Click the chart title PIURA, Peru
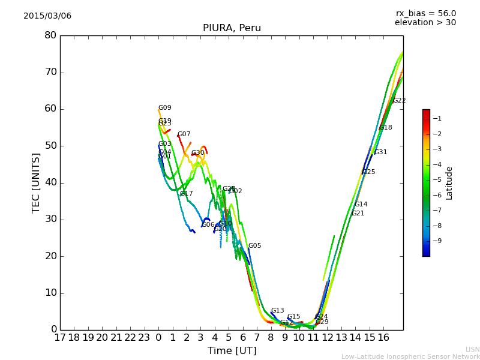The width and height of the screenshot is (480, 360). tap(232, 28)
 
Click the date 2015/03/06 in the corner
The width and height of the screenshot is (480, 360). tap(47, 16)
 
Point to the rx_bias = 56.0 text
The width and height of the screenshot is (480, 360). tap(425, 13)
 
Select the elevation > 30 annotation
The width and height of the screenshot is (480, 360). tap(425, 23)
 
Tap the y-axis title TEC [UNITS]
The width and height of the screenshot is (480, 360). tap(36, 183)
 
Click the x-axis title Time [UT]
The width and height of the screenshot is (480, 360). tap(232, 350)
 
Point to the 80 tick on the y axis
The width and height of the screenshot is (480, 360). tap(50, 35)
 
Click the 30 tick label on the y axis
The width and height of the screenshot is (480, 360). tap(50, 219)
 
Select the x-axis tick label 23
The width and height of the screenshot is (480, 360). tap(145, 337)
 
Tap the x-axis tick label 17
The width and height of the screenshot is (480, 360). tap(60, 337)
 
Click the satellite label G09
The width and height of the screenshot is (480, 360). tap(165, 108)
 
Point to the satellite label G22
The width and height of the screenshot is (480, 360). tap(400, 101)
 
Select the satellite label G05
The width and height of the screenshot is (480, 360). tap(255, 246)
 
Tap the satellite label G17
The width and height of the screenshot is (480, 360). tap(187, 194)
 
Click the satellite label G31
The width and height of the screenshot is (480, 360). tap(381, 152)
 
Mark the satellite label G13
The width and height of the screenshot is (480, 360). tap(278, 311)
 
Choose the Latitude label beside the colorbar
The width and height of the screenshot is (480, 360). tap(449, 183)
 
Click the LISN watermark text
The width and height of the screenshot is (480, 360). tap(472, 349)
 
